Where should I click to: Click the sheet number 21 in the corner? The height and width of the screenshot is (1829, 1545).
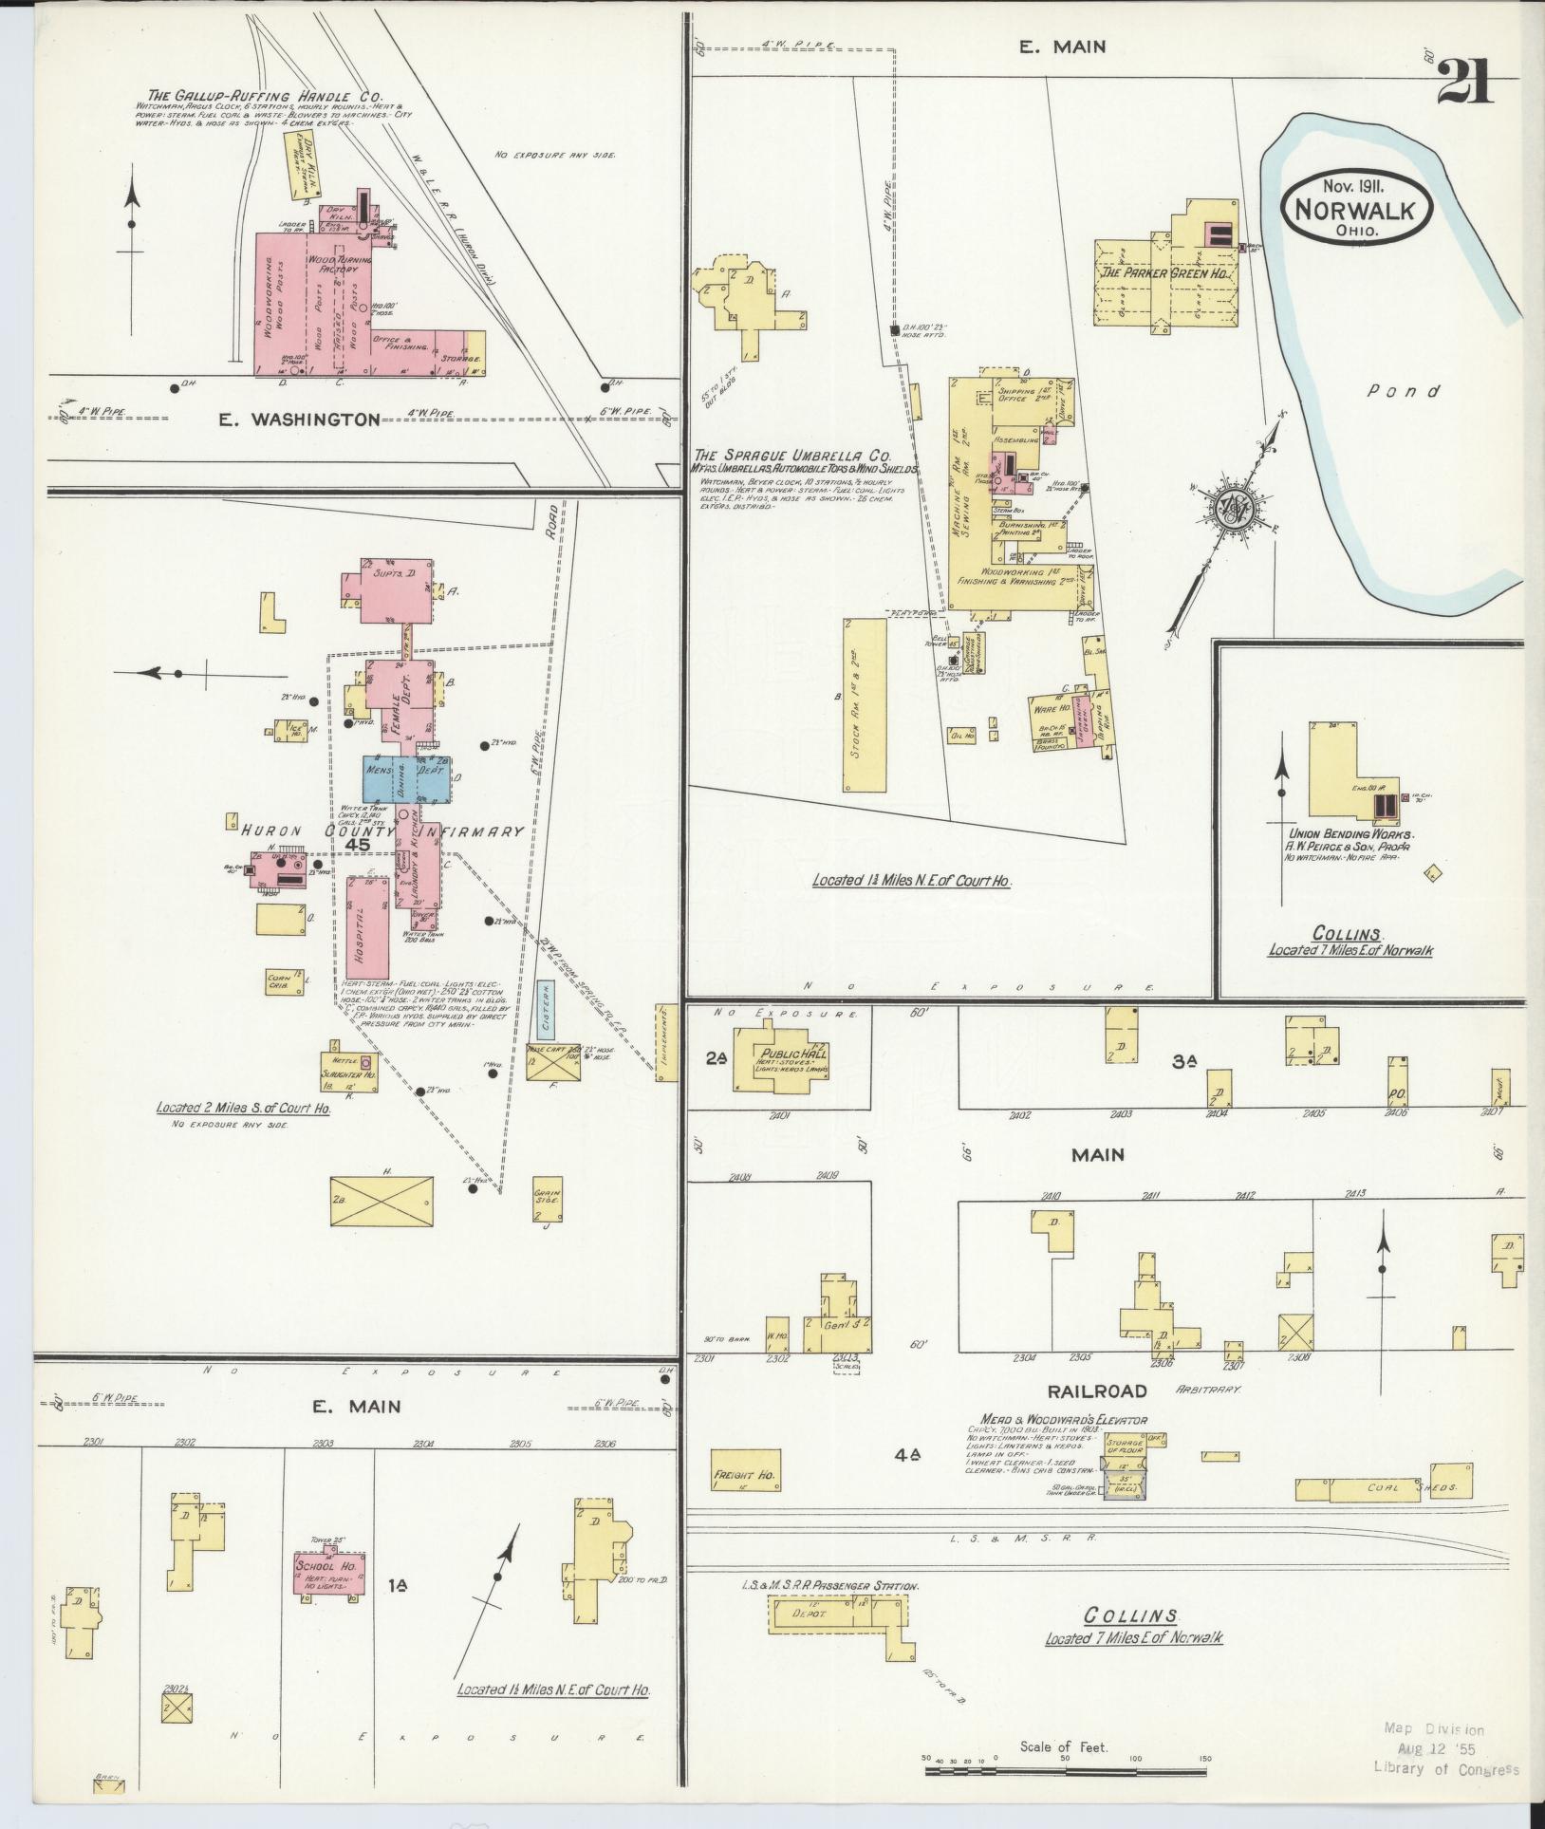click(1465, 83)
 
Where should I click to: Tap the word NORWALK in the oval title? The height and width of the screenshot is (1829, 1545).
click(1358, 208)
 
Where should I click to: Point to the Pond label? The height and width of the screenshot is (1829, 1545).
click(1405, 391)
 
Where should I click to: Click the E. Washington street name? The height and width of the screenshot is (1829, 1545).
click(300, 419)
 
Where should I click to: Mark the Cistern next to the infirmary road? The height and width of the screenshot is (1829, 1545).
click(545, 1009)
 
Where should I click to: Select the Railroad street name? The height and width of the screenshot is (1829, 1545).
click(1097, 1391)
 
